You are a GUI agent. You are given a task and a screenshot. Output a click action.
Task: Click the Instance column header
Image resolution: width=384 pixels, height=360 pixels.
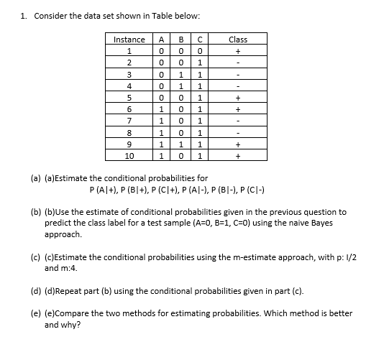pos(129,40)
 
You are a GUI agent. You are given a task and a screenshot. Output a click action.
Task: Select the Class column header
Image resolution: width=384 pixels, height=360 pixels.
pos(237,40)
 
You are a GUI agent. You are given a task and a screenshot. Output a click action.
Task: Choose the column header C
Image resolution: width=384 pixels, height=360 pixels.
pos(198,40)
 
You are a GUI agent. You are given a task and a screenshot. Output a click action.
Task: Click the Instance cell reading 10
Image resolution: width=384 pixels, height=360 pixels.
pos(129,155)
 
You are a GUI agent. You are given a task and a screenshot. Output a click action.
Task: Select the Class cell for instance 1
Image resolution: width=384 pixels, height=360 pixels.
pos(237,51)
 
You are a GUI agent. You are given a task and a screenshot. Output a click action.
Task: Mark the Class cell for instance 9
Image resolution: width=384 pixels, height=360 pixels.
pos(237,144)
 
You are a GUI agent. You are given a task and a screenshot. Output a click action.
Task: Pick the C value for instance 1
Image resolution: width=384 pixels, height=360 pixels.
pos(198,51)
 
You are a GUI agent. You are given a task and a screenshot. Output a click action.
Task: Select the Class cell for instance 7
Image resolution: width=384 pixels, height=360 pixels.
pos(237,121)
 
